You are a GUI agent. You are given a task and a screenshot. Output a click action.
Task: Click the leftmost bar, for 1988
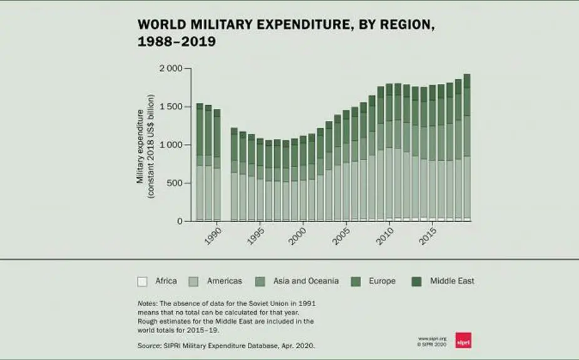[200, 163]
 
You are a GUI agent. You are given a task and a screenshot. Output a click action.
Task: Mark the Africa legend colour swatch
[142, 281]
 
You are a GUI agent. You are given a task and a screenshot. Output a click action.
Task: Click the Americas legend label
[224, 281]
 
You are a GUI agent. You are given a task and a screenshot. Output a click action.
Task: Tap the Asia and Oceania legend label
[308, 281]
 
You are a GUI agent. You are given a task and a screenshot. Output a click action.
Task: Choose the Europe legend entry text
[382, 281]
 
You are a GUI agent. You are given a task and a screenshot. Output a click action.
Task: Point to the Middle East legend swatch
[416, 281]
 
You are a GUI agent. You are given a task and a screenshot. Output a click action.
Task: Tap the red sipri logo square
[463, 340]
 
